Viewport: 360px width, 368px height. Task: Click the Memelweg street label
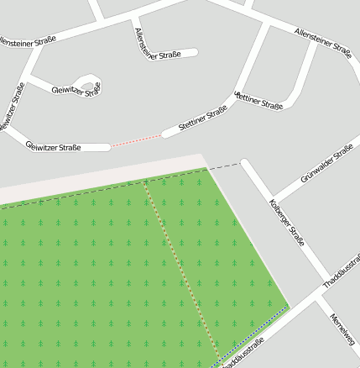(342, 330)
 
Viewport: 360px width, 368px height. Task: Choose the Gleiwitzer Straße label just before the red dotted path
(54, 147)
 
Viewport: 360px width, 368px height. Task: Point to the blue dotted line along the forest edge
(252, 336)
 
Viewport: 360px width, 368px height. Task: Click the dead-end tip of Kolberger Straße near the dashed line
(245, 164)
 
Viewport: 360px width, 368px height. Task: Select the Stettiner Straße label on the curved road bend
(260, 102)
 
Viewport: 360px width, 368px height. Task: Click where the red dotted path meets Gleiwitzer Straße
(110, 147)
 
